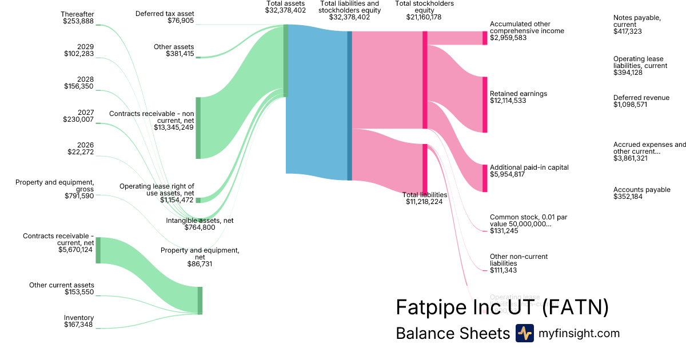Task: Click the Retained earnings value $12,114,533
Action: tap(508, 101)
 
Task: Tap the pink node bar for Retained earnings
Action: tap(485, 105)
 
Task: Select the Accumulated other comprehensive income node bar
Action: tap(485, 38)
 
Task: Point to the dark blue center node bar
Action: tap(349, 106)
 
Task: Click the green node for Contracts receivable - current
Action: tap(98, 250)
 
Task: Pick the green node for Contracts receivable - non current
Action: tap(198, 127)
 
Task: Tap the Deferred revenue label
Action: tap(641, 98)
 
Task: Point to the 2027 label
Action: tap(86, 113)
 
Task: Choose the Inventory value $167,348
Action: tap(79, 325)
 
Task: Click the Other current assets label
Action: tap(62, 285)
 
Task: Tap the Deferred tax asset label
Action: tap(165, 13)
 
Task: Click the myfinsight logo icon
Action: tap(524, 333)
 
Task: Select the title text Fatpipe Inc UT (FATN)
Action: tap(501, 307)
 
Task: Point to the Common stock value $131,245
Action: tap(503, 231)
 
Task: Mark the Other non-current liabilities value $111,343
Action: tap(503, 270)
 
